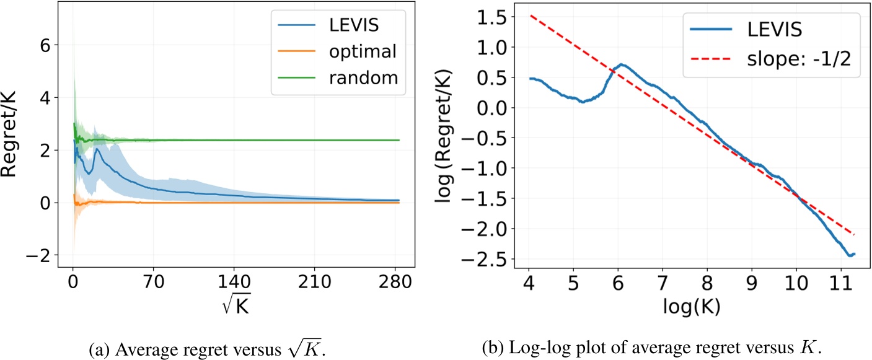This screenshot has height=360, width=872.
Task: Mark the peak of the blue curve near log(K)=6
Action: coord(621,64)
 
